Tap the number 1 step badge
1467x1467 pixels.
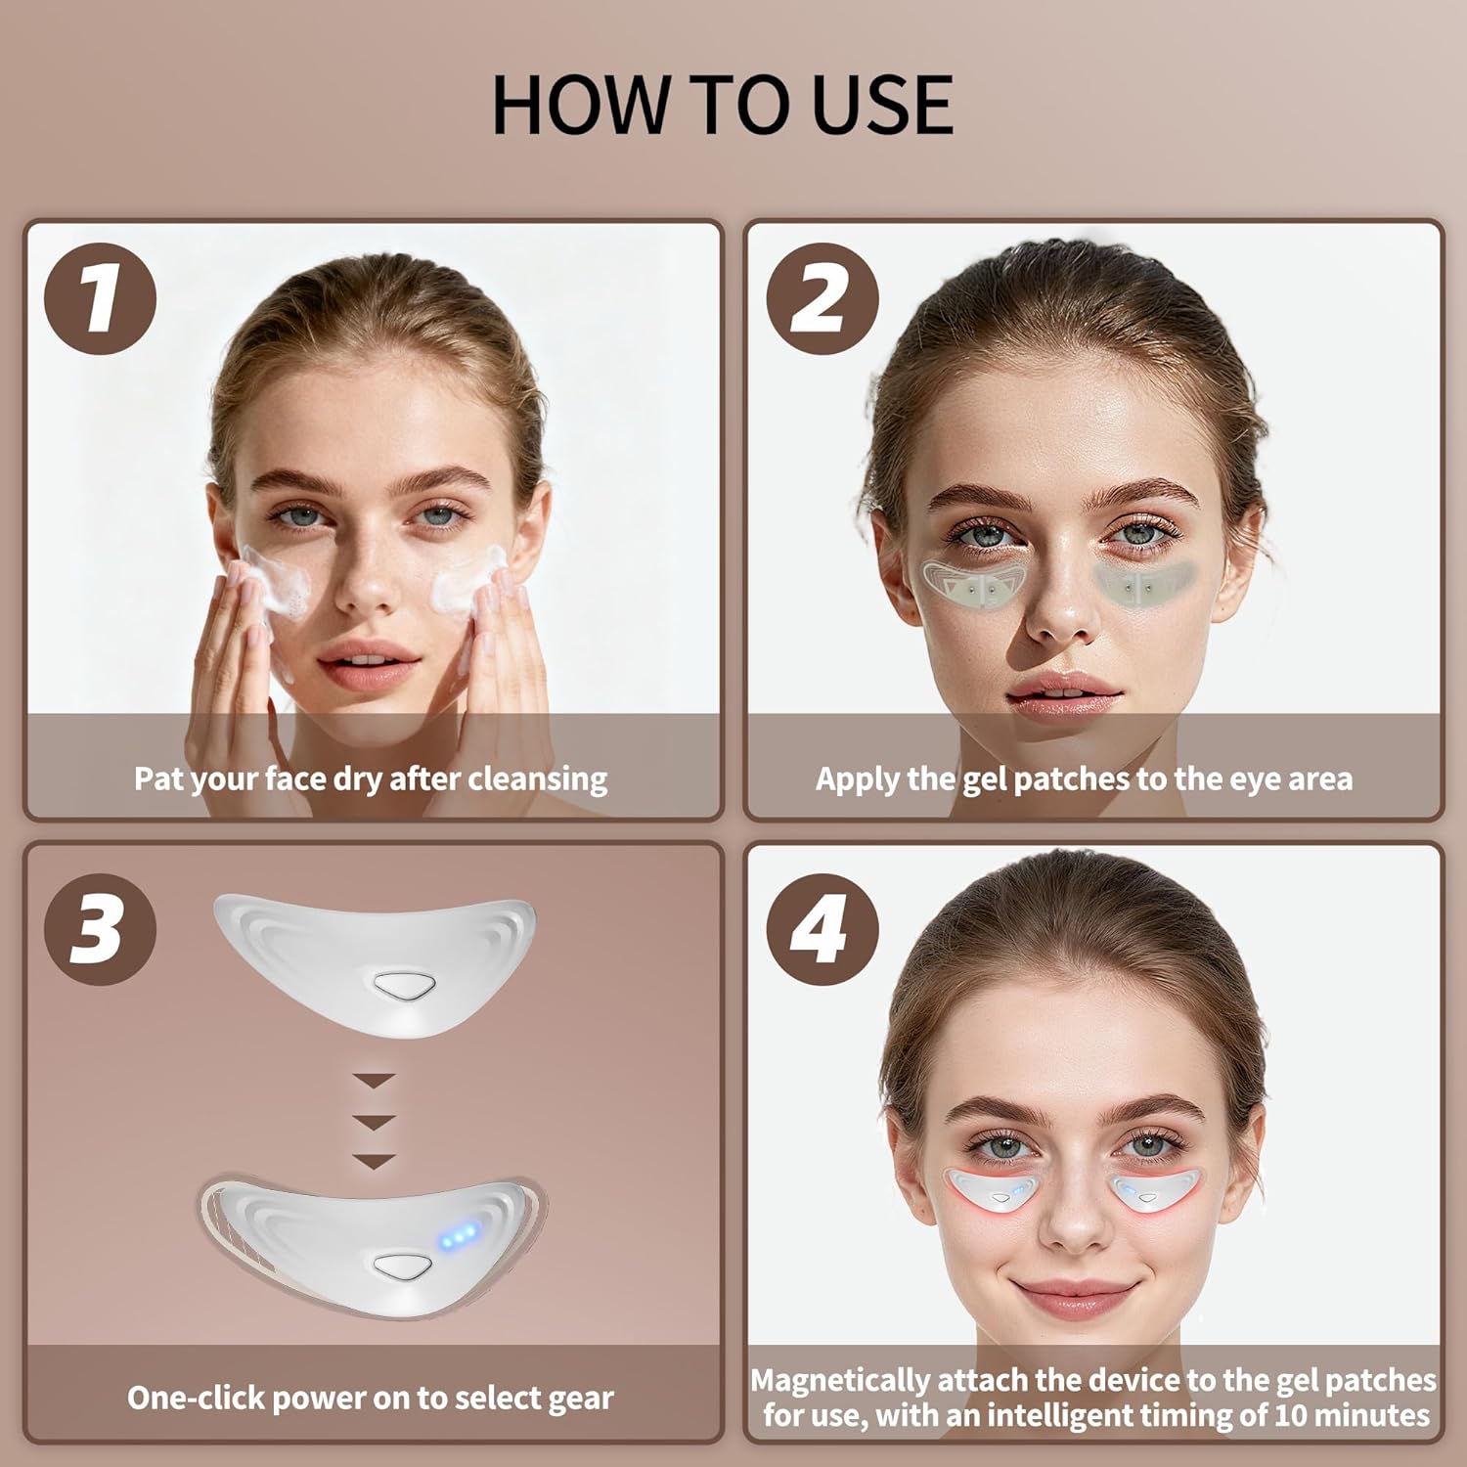100,298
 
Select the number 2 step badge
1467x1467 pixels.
822,298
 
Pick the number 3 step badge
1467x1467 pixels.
100,928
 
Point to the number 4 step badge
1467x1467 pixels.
822,928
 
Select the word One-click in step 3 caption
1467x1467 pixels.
197,1398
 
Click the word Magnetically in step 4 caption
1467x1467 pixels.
840,1380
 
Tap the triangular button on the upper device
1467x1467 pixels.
401,985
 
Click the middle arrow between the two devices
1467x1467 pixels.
375,1121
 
